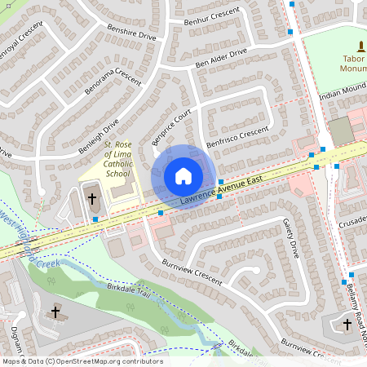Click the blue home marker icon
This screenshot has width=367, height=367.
click(x=183, y=176)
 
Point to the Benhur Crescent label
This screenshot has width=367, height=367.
click(x=214, y=18)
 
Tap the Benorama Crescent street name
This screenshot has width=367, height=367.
click(x=117, y=82)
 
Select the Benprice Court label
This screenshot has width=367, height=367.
click(x=170, y=127)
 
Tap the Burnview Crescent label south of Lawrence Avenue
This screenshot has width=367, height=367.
click(x=192, y=273)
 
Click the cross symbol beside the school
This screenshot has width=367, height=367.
click(x=92, y=198)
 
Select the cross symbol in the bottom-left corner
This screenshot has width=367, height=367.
click(x=55, y=312)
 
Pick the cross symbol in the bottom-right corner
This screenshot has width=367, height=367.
click(x=347, y=324)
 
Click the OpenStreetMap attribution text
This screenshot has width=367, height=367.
click(x=82, y=360)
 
